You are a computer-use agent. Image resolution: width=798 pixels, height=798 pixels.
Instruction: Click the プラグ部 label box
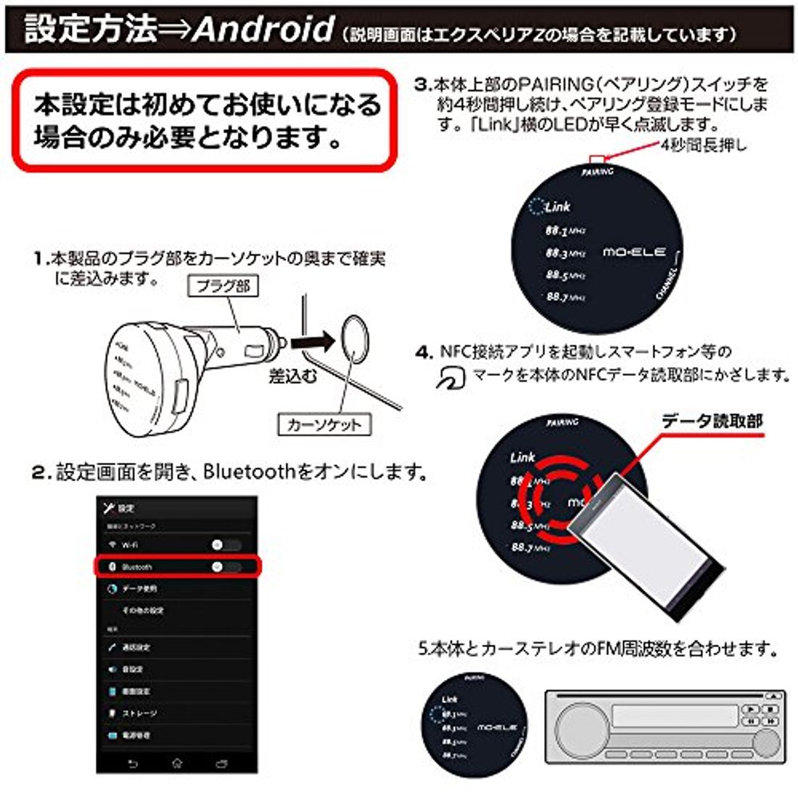pos(223,286)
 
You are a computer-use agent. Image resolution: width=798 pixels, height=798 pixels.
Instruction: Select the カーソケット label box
pos(324,424)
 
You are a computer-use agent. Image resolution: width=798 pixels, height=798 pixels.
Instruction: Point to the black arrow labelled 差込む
pos(311,340)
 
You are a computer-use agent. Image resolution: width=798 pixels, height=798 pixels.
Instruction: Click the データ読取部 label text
pos(712,421)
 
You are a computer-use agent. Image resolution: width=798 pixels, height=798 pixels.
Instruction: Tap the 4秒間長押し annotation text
pos(703,144)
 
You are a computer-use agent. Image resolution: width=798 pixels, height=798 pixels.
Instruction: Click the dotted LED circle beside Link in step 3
pos(535,207)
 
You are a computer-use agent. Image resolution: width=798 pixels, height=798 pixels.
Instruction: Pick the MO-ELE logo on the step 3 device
pos(633,252)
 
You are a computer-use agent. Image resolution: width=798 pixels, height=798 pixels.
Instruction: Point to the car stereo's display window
pos(674,716)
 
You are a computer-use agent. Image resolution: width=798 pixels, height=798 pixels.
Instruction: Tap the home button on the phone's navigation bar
pos(177,764)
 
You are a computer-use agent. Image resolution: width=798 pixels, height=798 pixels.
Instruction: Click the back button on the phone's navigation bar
pos(132,764)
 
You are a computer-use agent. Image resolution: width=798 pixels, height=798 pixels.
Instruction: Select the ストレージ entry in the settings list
pos(138,713)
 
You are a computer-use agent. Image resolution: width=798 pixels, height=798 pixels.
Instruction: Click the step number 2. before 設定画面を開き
pos(40,473)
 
